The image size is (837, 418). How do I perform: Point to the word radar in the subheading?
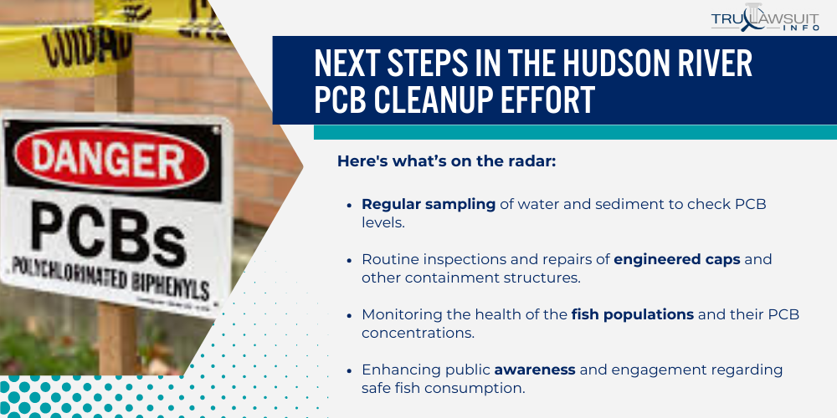coord(531,161)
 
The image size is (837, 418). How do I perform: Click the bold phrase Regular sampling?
coord(429,205)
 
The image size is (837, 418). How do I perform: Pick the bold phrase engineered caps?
coord(676,259)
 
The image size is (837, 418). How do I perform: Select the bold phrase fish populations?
coord(632,314)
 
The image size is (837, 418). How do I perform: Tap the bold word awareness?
coord(535,370)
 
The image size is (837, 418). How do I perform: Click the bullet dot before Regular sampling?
coord(350,205)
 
